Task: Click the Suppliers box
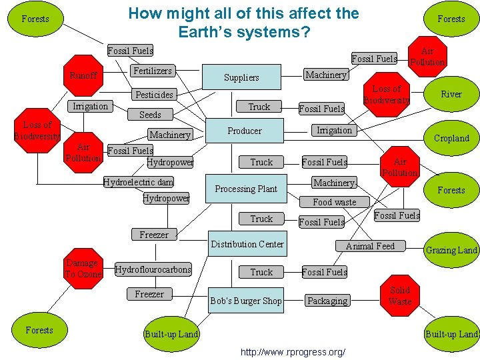[241, 77]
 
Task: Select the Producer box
[245, 131]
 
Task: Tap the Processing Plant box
[246, 189]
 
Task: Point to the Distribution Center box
[247, 244]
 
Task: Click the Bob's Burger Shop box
[246, 301]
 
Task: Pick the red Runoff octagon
[84, 75]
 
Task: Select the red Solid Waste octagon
[400, 295]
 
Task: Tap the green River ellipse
[451, 94]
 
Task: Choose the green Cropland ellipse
[451, 138]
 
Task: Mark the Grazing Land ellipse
[451, 250]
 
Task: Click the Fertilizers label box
[153, 71]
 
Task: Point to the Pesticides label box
[155, 95]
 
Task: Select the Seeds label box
[150, 115]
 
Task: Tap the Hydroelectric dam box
[139, 182]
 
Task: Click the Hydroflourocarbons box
[153, 269]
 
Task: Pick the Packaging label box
[327, 301]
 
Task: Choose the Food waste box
[335, 201]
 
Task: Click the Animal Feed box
[370, 246]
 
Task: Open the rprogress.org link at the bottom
[293, 351]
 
